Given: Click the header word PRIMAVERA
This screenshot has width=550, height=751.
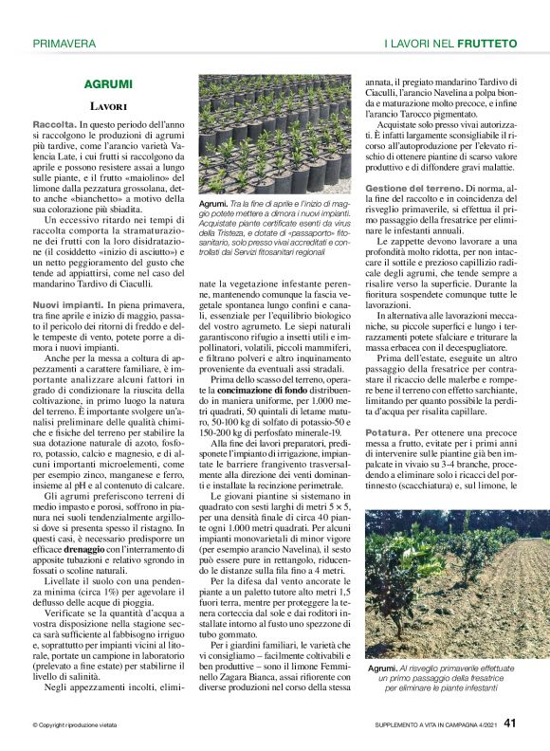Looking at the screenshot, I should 64,44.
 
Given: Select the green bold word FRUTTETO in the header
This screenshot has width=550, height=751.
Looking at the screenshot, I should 486,44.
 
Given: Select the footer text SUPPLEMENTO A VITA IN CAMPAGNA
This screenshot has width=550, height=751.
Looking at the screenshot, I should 416,728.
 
